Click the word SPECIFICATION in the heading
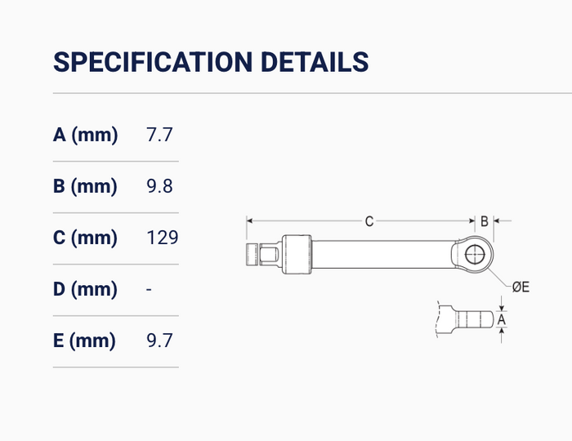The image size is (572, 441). pos(153,61)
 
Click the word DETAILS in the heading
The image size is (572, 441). pos(315,61)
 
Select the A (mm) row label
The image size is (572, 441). pos(85,135)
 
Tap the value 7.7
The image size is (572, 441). pos(159,135)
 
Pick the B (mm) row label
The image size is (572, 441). pos(85,186)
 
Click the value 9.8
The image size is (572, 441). pos(159,186)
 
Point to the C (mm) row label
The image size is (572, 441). pos(85,238)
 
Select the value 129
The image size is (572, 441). pos(163,238)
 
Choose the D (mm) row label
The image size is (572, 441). pos(85,289)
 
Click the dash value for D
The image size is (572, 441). pos(149,290)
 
